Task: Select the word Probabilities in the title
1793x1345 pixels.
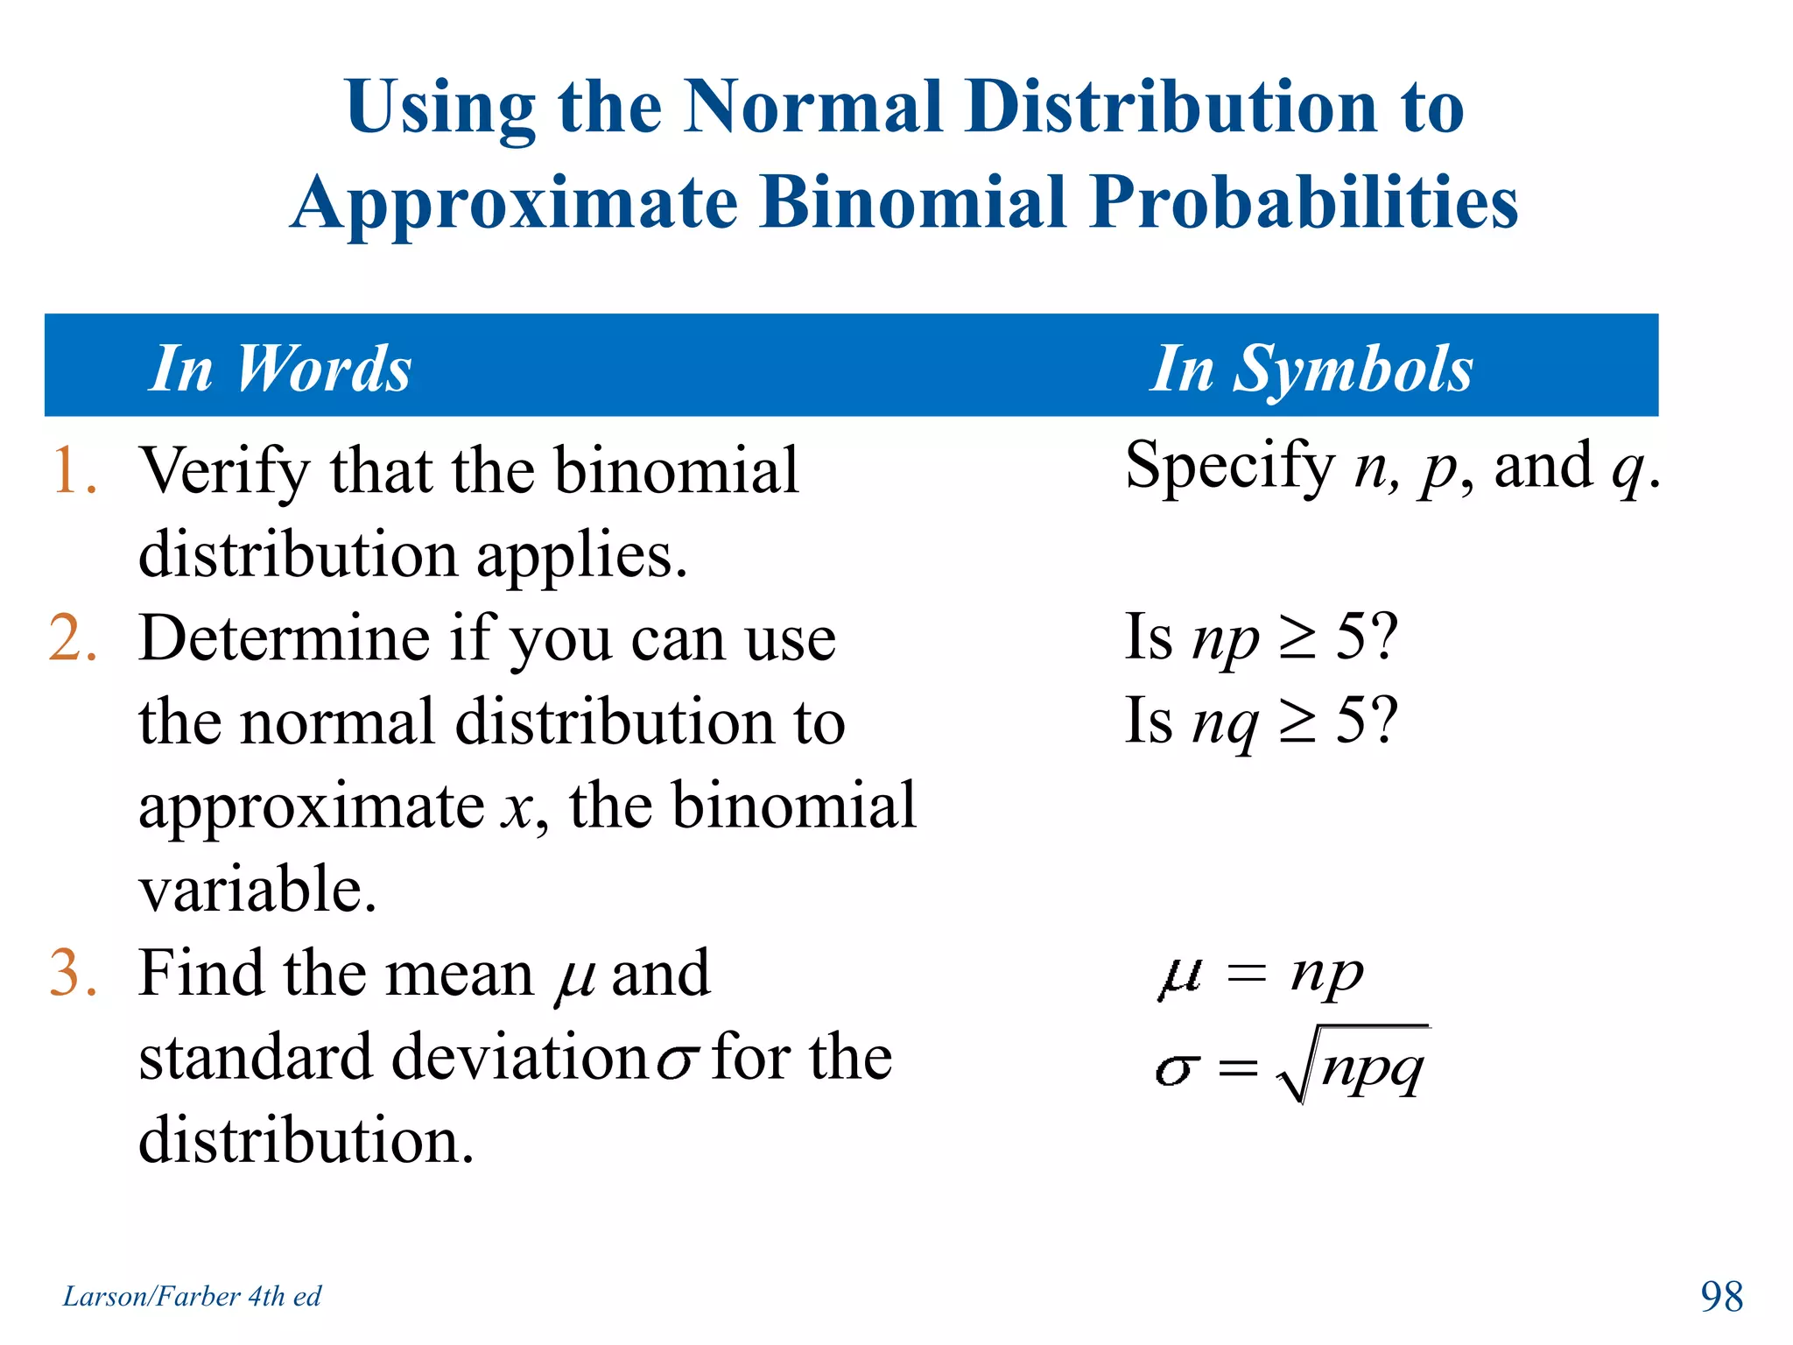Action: (x=1304, y=203)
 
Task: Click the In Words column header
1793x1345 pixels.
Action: (x=280, y=369)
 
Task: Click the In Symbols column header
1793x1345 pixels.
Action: (x=1311, y=369)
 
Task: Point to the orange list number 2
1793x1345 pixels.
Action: (x=73, y=638)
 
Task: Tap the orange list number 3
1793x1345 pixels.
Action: (x=73, y=974)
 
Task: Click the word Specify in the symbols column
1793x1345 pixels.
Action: (x=1229, y=467)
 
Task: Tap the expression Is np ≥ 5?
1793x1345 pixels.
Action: (x=1261, y=637)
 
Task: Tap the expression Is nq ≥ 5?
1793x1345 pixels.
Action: (x=1261, y=722)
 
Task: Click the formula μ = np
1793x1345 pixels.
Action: (x=1261, y=974)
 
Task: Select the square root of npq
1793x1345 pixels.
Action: (x=1354, y=1066)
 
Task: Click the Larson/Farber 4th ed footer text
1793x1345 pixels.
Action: (x=192, y=1296)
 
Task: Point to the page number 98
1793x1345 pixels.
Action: (x=1721, y=1297)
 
